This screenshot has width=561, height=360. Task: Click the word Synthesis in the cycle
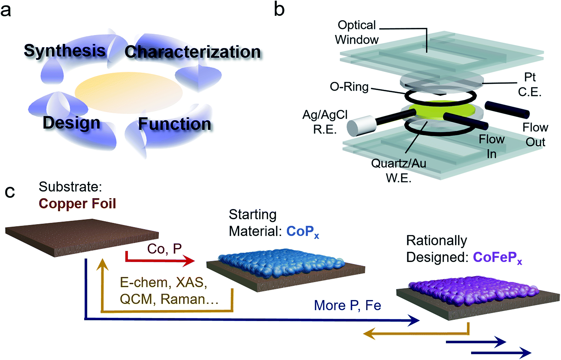(65, 51)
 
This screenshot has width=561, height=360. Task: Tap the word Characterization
(192, 52)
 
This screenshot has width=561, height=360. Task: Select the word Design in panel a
(72, 123)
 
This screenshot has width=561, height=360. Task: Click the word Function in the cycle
(175, 124)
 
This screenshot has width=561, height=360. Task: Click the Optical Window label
(357, 33)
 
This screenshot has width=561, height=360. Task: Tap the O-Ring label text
(349, 87)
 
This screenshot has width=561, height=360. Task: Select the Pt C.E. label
(530, 85)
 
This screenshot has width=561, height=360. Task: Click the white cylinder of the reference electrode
(361, 126)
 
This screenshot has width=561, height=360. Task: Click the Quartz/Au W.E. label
(398, 171)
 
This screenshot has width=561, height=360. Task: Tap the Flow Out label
(535, 135)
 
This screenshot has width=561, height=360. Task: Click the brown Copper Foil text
(77, 204)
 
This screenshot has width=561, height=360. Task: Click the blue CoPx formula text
(302, 232)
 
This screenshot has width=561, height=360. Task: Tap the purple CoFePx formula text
(497, 258)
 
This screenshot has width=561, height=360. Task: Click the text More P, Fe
(347, 306)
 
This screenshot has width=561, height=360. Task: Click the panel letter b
(279, 9)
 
